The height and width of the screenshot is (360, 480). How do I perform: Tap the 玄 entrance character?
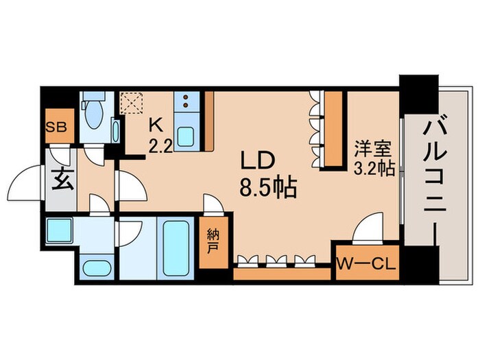(60, 184)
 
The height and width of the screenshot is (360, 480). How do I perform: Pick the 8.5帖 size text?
(267, 186)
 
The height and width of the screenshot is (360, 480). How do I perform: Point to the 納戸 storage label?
(213, 240)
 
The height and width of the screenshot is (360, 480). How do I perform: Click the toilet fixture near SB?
(93, 113)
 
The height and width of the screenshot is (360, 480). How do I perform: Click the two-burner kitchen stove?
(185, 104)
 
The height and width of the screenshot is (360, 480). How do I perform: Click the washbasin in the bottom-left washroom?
(94, 268)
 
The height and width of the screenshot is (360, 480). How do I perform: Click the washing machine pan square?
(59, 231)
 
